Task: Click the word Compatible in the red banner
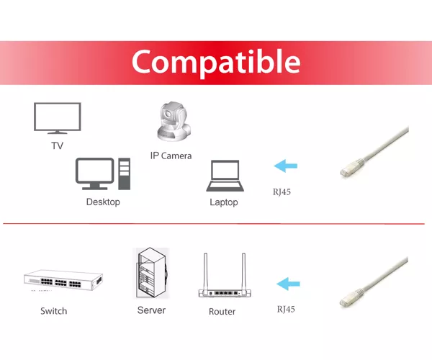216,62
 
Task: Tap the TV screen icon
58,118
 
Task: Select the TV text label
58,145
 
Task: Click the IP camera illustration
174,122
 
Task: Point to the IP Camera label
171,156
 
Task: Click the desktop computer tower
125,174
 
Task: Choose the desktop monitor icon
95,174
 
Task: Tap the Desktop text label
103,202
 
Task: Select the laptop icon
225,176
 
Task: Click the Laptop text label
224,202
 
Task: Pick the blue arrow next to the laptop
285,166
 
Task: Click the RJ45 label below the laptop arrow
282,192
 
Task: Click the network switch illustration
63,280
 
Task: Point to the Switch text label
54,311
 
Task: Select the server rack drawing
151,273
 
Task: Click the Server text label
151,310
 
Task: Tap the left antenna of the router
205,272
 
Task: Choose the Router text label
222,312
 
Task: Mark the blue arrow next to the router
288,284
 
